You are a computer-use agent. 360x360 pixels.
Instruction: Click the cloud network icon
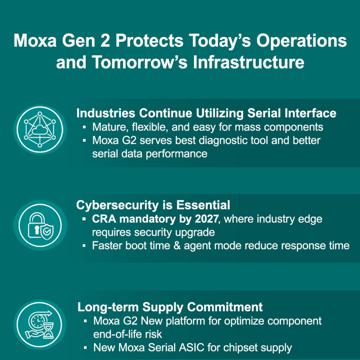tap(40, 129)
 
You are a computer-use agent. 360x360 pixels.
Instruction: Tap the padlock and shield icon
tap(40, 225)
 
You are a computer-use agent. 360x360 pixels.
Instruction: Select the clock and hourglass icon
tap(40, 324)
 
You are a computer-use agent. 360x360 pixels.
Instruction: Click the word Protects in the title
tap(149, 41)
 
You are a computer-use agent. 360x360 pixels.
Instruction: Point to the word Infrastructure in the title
tap(249, 63)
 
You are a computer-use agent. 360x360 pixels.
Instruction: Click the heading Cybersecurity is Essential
tap(153, 205)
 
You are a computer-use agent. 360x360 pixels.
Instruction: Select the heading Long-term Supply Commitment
tap(170, 307)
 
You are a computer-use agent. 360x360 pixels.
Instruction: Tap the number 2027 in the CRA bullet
tap(206, 219)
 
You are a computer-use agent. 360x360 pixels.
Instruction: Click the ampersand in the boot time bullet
tap(177, 246)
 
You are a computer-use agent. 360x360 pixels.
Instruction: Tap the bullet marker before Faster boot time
tap(84, 246)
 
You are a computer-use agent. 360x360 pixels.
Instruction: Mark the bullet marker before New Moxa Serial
tap(85, 348)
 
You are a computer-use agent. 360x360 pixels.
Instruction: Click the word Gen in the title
tap(78, 41)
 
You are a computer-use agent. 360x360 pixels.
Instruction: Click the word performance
tap(176, 154)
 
